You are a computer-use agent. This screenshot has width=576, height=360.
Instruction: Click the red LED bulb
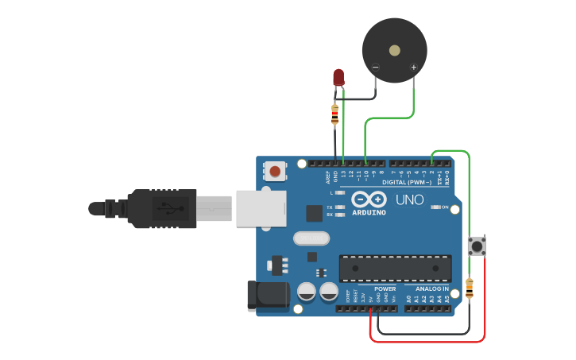tap(338, 76)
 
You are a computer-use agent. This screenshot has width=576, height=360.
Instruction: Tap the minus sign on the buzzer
tap(376, 68)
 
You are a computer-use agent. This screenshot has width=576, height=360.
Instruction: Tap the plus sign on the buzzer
tap(413, 68)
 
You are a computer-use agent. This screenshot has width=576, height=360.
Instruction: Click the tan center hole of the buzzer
tap(395, 50)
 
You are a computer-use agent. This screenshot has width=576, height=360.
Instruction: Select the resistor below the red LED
tap(334, 115)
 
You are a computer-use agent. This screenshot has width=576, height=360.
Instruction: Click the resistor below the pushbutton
tap(469, 288)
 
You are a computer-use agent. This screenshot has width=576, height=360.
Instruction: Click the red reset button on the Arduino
tap(275, 170)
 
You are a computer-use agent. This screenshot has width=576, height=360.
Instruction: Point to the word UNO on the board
tap(410, 199)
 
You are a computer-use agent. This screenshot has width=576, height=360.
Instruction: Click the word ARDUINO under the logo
tap(369, 213)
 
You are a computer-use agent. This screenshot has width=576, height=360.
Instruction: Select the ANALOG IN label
tap(431, 288)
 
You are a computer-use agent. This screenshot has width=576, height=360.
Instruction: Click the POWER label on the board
tap(385, 288)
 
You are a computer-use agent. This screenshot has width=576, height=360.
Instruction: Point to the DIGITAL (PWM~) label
tap(406, 182)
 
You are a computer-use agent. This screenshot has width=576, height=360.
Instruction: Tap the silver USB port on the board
tap(261, 207)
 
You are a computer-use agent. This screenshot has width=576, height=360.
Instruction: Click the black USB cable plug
tap(159, 208)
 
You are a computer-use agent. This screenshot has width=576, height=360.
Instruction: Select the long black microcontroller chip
tap(395, 269)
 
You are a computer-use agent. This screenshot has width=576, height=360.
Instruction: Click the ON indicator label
tap(444, 207)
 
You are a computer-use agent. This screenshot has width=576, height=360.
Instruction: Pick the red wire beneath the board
tap(429, 342)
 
